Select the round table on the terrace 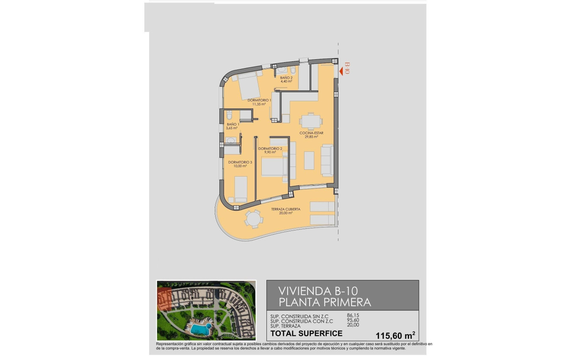[x=253, y=219]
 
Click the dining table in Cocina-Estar [x=311, y=122]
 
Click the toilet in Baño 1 [x=229, y=115]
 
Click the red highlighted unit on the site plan [x=164, y=299]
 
